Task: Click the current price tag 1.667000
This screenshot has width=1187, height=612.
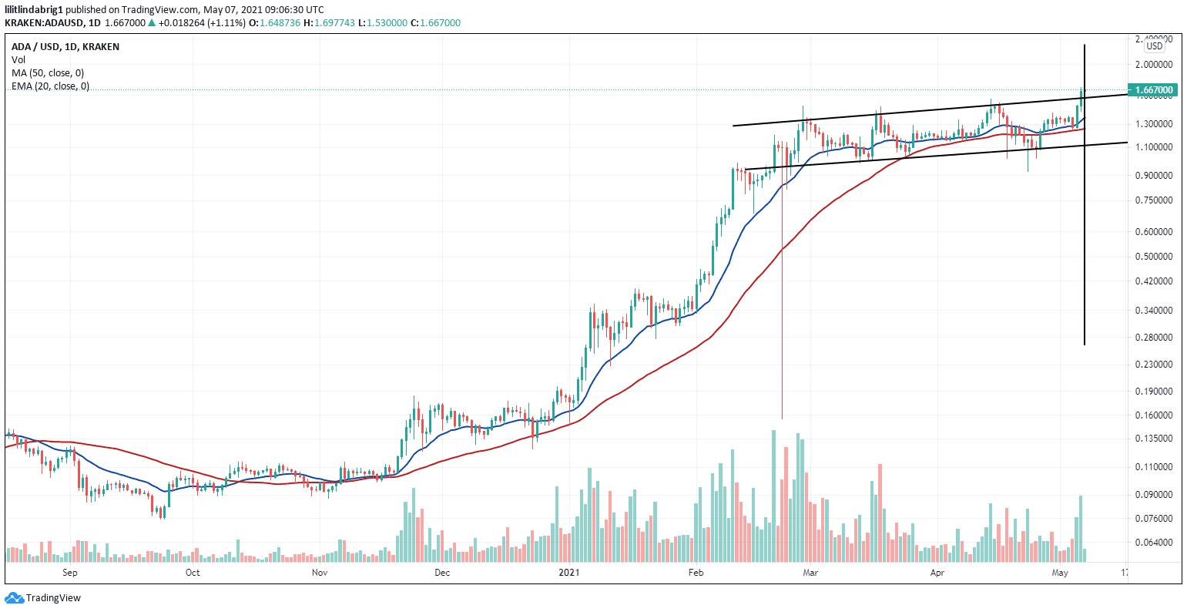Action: coord(1152,90)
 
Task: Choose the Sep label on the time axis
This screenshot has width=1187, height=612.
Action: coord(70,573)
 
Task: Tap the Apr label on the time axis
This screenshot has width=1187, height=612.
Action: coord(937,573)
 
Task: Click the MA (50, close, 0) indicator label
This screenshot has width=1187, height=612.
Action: coord(48,73)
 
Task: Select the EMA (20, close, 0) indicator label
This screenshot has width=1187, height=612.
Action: coord(50,86)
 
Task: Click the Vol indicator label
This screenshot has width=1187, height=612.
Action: coord(18,59)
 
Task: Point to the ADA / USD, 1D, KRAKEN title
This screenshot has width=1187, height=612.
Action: coord(65,47)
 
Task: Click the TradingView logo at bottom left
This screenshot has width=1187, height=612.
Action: coord(43,598)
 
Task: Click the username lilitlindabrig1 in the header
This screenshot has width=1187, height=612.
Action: coord(34,8)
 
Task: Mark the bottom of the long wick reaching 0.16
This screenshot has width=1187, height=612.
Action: coord(782,418)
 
